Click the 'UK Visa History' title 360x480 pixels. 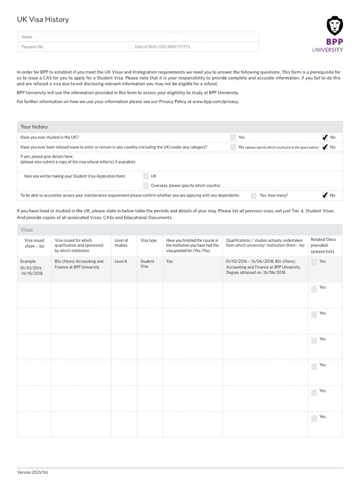[43, 20]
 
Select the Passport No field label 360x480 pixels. [32, 47]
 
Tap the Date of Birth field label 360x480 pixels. [162, 47]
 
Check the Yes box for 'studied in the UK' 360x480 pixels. [233, 137]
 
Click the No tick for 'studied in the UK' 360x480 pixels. [325, 137]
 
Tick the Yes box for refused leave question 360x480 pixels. [233, 147]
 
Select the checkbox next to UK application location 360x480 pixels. [146, 176]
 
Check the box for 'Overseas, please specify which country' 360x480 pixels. [146, 186]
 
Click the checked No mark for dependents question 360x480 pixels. [325, 195]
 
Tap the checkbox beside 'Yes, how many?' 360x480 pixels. [254, 195]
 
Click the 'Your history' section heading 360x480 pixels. [34, 127]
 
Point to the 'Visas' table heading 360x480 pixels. [27, 230]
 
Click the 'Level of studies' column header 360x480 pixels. [121, 243]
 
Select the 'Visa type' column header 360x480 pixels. [149, 240]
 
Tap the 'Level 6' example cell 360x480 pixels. [121, 262]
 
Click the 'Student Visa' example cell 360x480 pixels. [147, 264]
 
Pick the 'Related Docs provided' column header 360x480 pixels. [323, 245]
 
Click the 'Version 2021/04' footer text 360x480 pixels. [32, 472]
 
